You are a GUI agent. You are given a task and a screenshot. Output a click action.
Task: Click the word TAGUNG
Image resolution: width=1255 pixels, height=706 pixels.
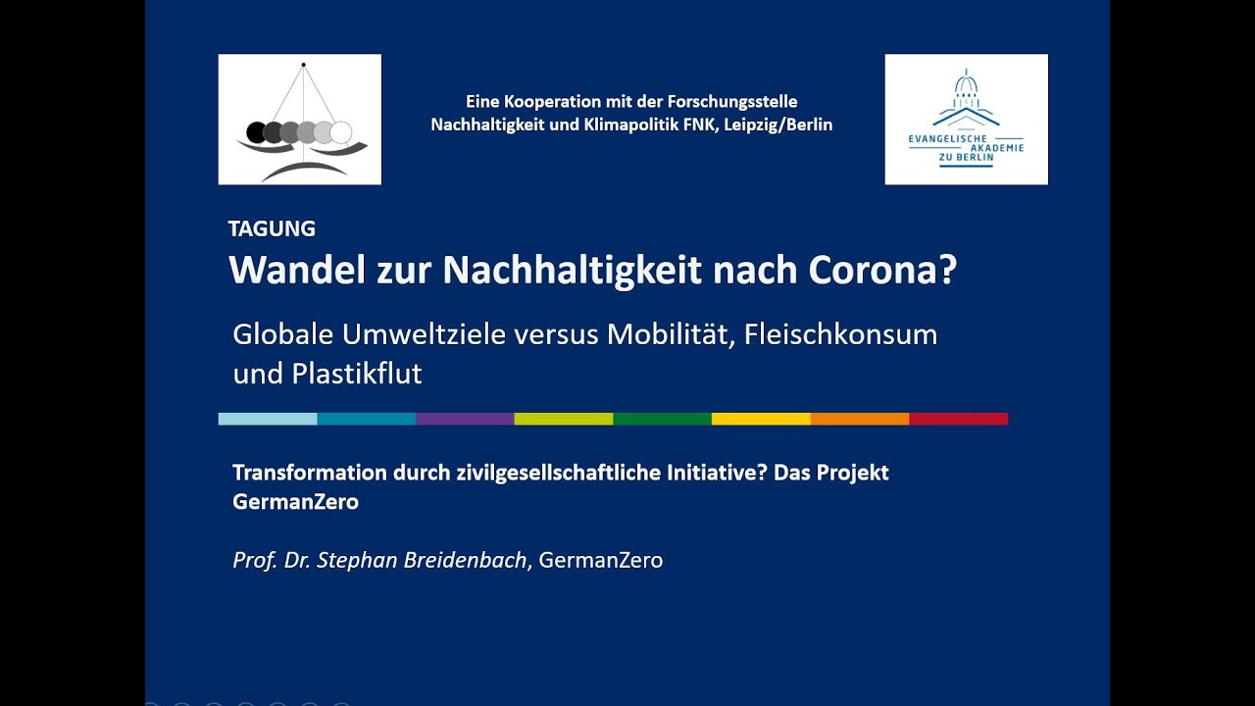point(272,228)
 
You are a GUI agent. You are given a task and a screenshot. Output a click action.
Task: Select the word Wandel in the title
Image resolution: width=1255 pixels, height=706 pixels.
point(297,270)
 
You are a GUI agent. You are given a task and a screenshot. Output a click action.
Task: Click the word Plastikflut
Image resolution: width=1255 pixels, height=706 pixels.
point(356,374)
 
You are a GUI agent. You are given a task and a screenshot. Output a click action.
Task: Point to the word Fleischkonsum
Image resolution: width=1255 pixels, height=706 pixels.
point(840,334)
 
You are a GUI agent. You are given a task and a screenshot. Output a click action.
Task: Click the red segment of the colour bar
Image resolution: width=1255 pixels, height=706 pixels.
point(959,419)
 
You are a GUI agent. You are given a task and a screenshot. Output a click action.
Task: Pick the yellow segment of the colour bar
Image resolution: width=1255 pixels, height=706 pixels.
point(761,419)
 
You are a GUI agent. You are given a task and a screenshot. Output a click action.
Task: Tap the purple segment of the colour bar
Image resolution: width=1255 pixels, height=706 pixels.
point(465,419)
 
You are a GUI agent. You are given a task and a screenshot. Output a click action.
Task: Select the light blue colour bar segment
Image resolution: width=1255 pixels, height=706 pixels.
point(268,419)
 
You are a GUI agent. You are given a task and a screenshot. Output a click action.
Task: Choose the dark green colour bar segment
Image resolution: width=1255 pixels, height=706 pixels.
point(662,419)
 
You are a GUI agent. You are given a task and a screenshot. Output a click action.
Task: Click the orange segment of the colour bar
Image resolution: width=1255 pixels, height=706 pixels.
point(860,419)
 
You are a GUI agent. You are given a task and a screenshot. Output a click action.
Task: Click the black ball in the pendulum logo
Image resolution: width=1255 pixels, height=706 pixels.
point(256,132)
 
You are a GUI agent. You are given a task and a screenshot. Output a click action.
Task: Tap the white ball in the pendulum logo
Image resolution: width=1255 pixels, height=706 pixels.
point(340,132)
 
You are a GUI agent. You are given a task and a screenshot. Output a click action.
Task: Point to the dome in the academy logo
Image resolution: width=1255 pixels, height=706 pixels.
point(966,85)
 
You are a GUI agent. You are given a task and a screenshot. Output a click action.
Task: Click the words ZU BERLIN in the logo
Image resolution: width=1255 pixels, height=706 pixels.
point(967,158)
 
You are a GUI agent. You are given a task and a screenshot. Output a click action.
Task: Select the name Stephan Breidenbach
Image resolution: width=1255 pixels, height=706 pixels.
point(422,560)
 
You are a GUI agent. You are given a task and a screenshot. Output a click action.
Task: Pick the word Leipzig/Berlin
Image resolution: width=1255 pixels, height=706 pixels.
point(778,125)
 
